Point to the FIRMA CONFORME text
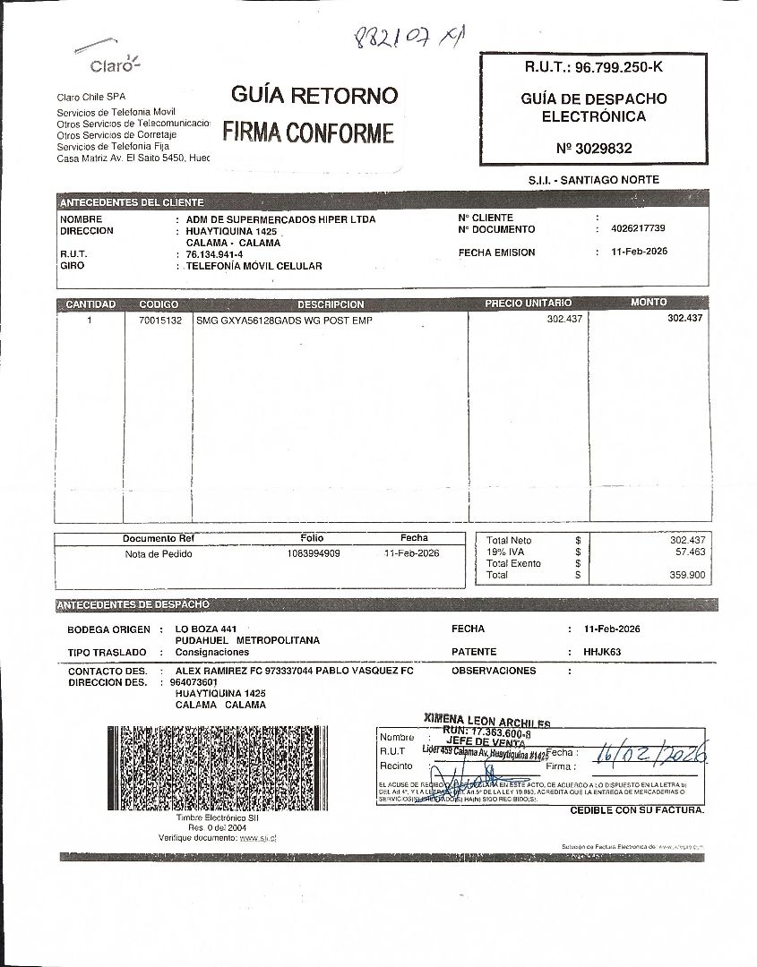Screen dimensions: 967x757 point(308,133)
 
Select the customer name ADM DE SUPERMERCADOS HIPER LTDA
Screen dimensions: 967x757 point(280,219)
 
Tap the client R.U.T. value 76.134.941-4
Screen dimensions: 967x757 point(207,254)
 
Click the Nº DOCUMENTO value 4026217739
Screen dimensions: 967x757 point(638,228)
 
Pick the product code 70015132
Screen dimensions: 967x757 point(158,320)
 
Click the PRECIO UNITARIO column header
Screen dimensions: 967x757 point(528,304)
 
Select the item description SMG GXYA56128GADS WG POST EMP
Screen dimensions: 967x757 point(283,320)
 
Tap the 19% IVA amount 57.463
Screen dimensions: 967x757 point(687,552)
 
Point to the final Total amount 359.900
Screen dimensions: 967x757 point(687,575)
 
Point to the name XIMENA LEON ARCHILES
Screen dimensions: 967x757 point(487,722)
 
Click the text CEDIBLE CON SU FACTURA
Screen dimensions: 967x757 point(637,810)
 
